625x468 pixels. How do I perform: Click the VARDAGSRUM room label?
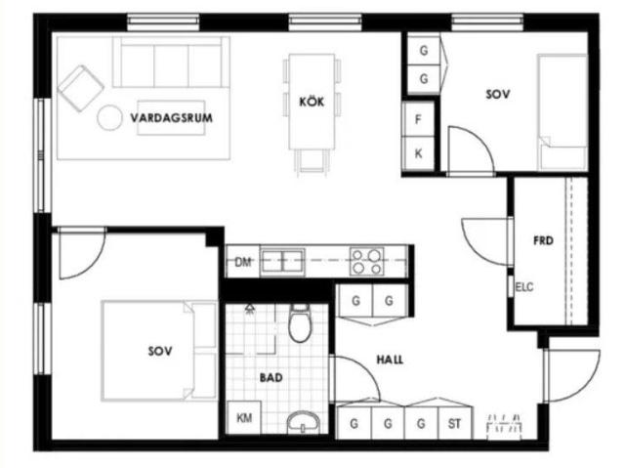pyautogui.click(x=172, y=118)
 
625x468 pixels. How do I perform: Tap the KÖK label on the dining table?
pyautogui.click(x=312, y=102)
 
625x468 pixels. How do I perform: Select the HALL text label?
pyautogui.click(x=390, y=360)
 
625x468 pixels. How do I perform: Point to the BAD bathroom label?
pyautogui.click(x=271, y=377)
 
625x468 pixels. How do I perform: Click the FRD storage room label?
pyautogui.click(x=543, y=240)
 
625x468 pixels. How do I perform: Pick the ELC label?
pyautogui.click(x=524, y=287)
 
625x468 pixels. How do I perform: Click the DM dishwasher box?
pyautogui.click(x=243, y=262)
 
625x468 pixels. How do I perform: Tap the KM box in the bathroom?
pyautogui.click(x=244, y=417)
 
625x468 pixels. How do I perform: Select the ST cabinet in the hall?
pyautogui.click(x=455, y=423)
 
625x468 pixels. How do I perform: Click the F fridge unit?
pyautogui.click(x=418, y=119)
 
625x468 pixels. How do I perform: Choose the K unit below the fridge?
pyautogui.click(x=418, y=153)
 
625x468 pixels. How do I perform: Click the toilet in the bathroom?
pyautogui.click(x=300, y=323)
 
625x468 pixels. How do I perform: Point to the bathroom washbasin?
pyautogui.click(x=304, y=422)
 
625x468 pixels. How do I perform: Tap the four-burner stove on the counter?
pyautogui.click(x=367, y=262)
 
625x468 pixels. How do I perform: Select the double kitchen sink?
pyautogui.click(x=282, y=262)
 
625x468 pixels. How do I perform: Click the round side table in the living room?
pyautogui.click(x=109, y=117)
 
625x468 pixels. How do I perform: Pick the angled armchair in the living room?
pyautogui.click(x=81, y=88)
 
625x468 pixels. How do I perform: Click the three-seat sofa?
pyautogui.click(x=171, y=62)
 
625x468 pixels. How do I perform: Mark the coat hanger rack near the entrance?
pyautogui.click(x=504, y=426)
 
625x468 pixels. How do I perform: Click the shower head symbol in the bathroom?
pyautogui.click(x=250, y=308)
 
